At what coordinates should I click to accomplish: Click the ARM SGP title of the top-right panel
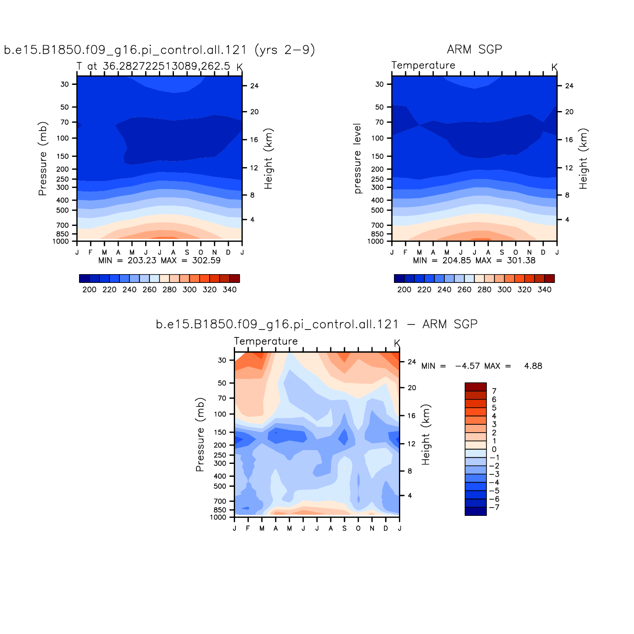474,50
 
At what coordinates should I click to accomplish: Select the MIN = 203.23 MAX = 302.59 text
159,260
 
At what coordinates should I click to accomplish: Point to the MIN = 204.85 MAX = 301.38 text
474,260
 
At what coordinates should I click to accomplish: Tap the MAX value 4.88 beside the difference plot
533,366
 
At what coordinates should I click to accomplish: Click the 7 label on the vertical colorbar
494,391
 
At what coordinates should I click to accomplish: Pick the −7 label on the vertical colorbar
494,507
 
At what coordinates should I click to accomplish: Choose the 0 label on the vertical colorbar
494,449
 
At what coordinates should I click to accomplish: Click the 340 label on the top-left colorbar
230,290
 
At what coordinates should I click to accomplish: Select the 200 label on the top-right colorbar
404,290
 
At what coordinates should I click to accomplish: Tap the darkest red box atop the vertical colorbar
475,387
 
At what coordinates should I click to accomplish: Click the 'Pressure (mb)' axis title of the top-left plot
42,158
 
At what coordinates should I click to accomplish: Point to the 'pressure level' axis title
357,158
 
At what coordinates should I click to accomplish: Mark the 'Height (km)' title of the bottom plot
426,434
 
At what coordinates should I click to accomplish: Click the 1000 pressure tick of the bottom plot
218,518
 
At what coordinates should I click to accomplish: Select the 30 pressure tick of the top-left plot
65,84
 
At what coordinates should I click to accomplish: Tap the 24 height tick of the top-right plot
569,86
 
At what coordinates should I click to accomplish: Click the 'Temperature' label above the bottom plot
266,342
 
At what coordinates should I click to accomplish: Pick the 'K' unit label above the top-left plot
239,67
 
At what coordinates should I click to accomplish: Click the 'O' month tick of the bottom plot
358,528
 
